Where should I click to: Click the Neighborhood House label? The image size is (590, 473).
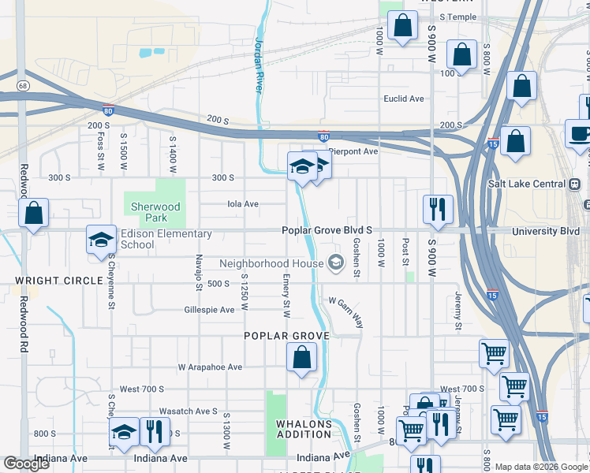(271, 263)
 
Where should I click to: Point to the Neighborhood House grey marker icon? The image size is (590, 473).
(336, 263)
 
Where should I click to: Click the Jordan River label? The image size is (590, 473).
(259, 65)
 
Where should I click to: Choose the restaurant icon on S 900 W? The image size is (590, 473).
(438, 210)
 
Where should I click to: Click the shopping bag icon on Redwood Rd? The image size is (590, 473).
(34, 212)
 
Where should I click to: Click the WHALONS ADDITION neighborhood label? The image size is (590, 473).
(304, 429)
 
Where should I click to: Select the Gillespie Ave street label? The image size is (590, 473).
(210, 310)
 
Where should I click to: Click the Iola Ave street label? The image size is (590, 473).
(243, 203)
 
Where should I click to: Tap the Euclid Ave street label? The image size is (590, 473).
(404, 99)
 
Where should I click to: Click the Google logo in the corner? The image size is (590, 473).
(27, 464)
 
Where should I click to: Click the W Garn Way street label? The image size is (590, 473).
(346, 312)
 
